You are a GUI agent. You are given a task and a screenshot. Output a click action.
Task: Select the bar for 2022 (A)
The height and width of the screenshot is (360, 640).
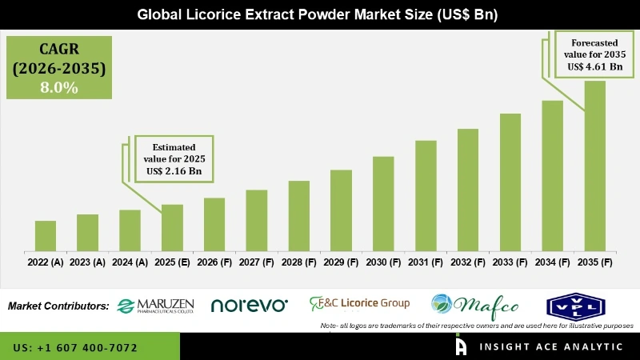(46, 235)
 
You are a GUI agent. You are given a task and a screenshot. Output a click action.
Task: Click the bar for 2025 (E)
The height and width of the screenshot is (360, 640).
(172, 227)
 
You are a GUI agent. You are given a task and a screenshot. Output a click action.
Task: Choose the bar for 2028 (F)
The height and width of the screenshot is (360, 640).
(298, 215)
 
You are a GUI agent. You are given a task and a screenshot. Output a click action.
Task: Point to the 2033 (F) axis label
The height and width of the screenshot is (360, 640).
(510, 262)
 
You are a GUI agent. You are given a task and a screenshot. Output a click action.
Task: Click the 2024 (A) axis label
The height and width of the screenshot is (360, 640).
(130, 262)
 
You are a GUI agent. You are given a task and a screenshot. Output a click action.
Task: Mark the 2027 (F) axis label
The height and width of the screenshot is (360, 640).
(257, 262)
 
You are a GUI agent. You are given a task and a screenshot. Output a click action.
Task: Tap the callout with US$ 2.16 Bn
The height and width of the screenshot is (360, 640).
(174, 157)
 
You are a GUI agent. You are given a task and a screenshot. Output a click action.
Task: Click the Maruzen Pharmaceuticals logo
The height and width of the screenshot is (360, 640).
(156, 305)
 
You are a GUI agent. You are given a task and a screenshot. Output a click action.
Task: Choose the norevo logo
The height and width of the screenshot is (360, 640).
(249, 305)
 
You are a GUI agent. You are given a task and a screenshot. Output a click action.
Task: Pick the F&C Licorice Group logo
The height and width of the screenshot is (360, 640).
(359, 303)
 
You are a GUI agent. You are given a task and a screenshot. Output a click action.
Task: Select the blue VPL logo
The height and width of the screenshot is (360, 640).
(570, 305)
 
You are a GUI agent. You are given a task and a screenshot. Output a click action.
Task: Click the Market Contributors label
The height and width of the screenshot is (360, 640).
(58, 306)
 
